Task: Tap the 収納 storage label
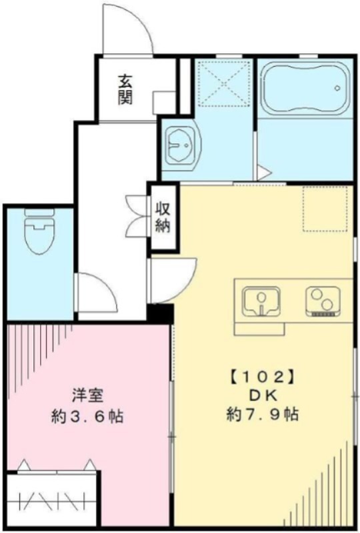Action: pyautogui.click(x=163, y=216)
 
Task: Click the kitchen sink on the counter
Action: pyautogui.click(x=262, y=302)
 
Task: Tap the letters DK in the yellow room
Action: pyautogui.click(x=262, y=395)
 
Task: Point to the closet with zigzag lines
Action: pyautogui.click(x=51, y=498)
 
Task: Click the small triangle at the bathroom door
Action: pyautogui.click(x=263, y=174)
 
